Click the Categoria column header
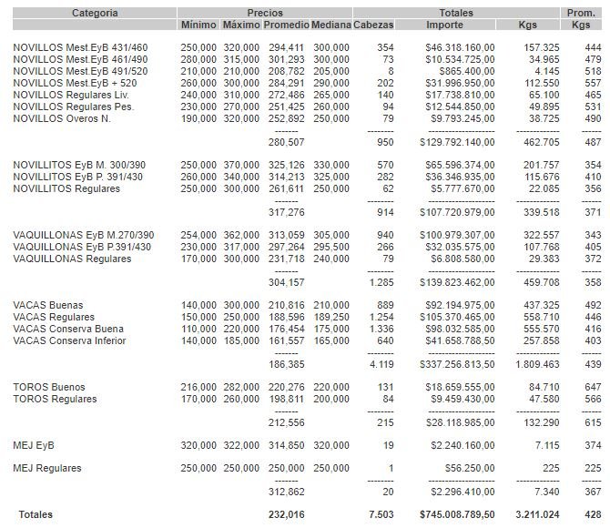coord(95,13)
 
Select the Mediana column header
coord(330,25)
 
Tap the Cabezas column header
coord(373,25)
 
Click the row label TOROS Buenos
coord(51,387)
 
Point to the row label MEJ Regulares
coord(48,469)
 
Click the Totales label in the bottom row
coord(36,514)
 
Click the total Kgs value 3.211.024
coord(537,514)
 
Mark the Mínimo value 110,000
coord(198,329)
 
